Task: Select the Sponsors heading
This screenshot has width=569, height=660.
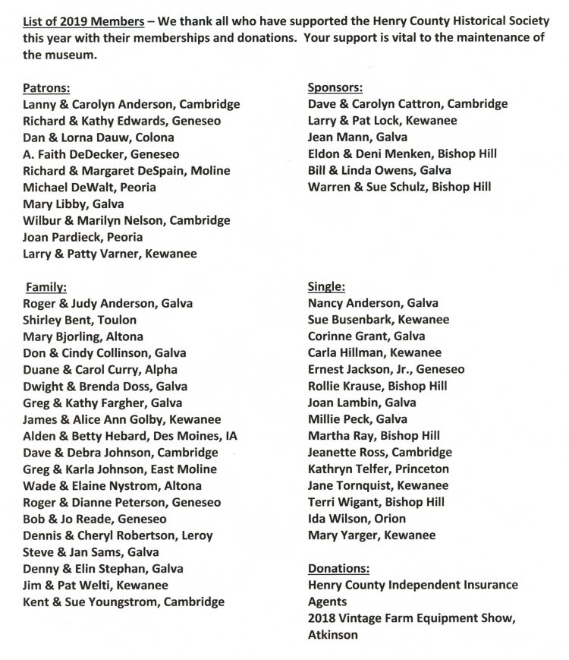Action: tap(335, 87)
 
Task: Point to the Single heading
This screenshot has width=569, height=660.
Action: tap(327, 286)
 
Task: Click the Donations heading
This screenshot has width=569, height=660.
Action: tap(338, 568)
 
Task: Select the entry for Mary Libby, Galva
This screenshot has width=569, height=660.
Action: tap(74, 204)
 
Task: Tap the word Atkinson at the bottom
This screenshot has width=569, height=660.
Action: tap(333, 634)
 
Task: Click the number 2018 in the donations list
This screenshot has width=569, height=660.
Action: tap(324, 618)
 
